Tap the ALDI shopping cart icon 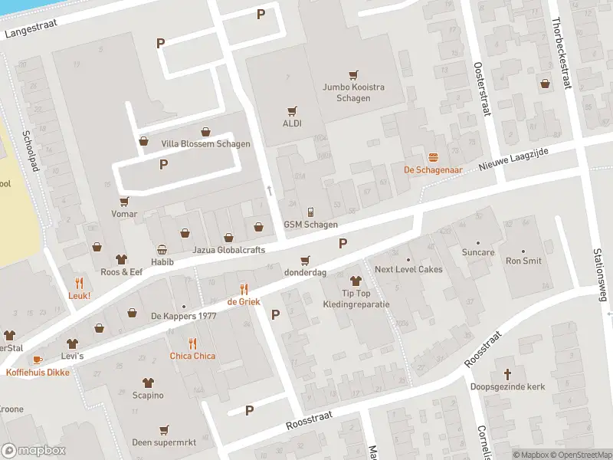pyautogui.click(x=292, y=110)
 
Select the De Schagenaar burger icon pyautogui.click(x=433, y=156)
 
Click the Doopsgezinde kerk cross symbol pyautogui.click(x=507, y=373)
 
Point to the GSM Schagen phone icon pyautogui.click(x=310, y=212)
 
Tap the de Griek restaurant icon pyautogui.click(x=244, y=289)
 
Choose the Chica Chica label pyautogui.click(x=192, y=356)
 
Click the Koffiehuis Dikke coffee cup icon pyautogui.click(x=38, y=360)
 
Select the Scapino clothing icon pyautogui.click(x=148, y=383)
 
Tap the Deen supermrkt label pyautogui.click(x=163, y=442)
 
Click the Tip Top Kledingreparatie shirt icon pyautogui.click(x=355, y=281)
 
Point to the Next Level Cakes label pyautogui.click(x=408, y=269)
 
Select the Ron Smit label pyautogui.click(x=523, y=261)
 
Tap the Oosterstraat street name pyautogui.click(x=481, y=88)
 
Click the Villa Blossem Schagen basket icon pyautogui.click(x=205, y=131)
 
